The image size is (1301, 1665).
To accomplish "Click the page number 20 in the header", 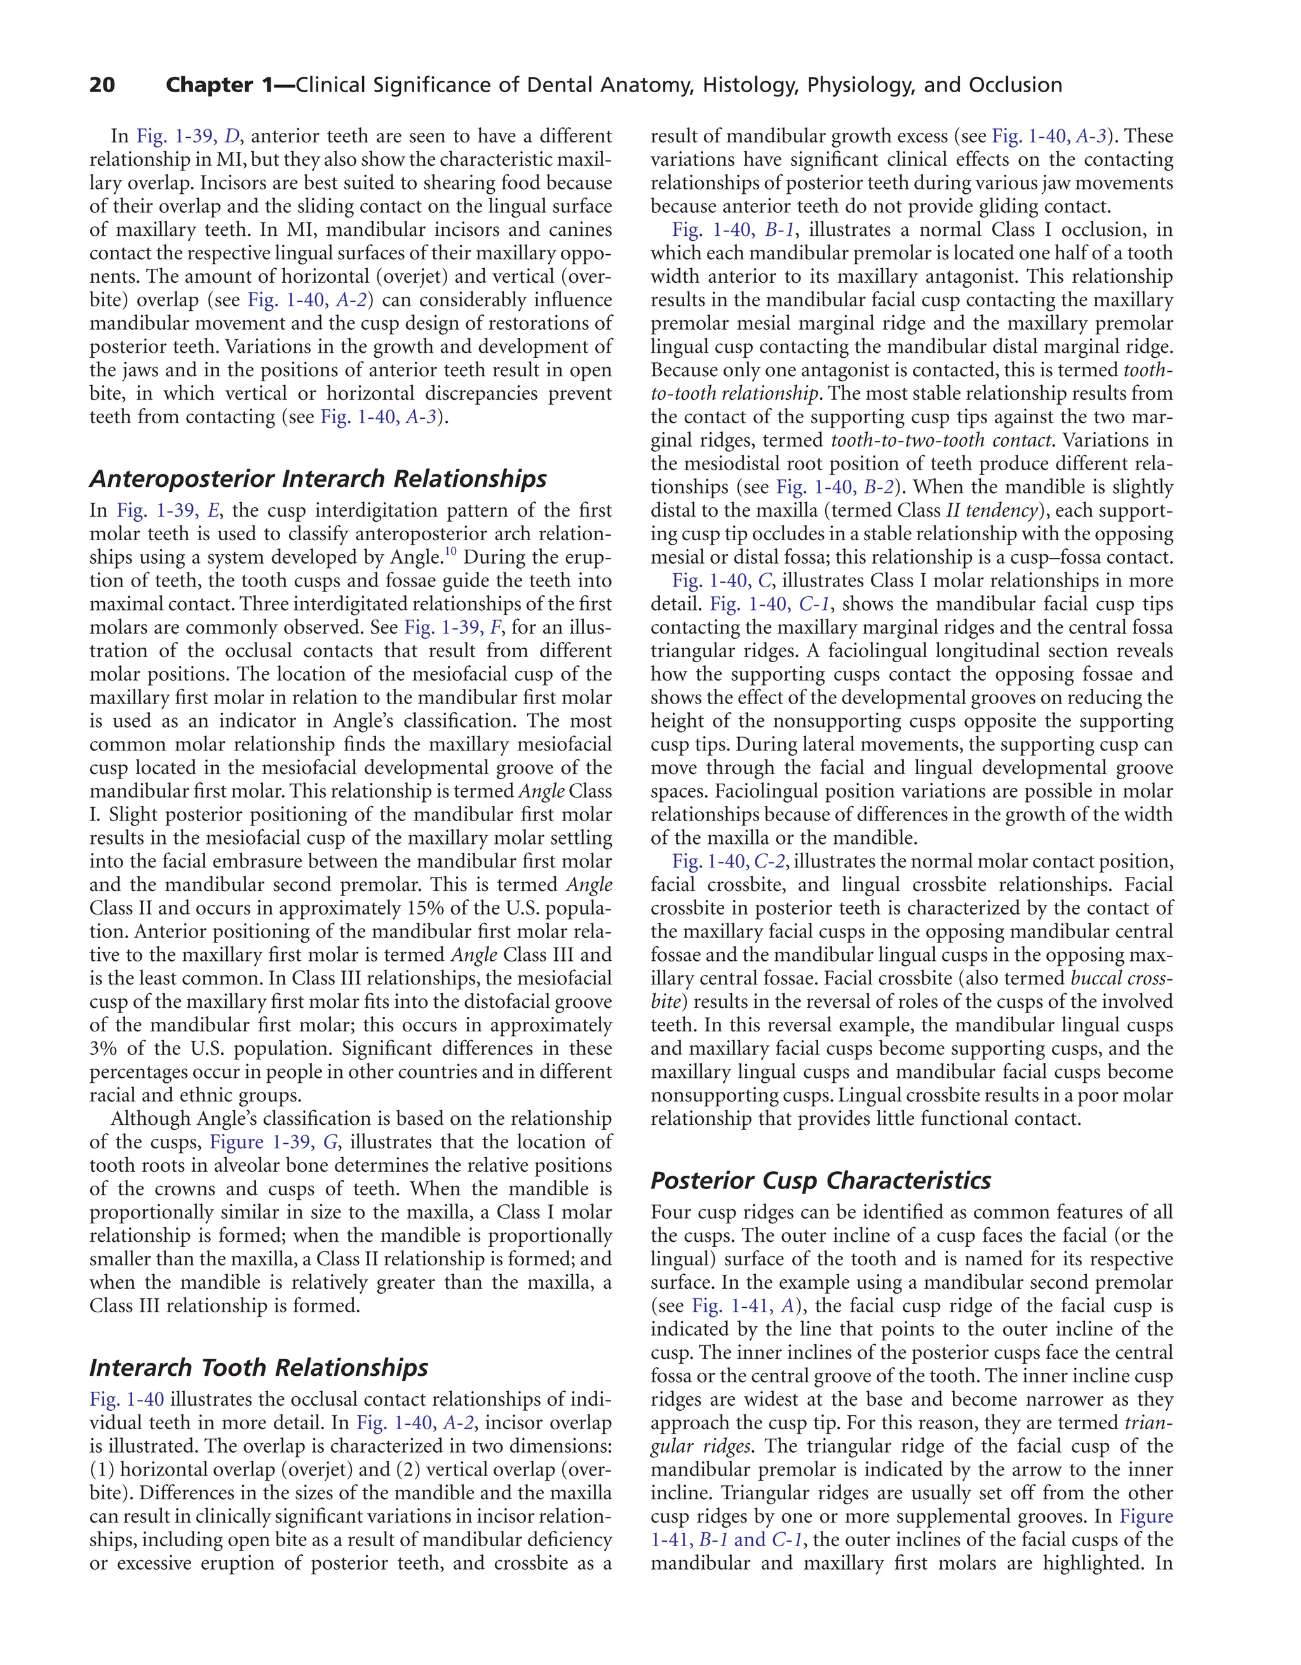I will [102, 85].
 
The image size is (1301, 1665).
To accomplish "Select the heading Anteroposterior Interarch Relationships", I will [318, 479].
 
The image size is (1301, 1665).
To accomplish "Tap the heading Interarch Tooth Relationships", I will [259, 1368].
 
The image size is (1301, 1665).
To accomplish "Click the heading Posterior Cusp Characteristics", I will [820, 1180].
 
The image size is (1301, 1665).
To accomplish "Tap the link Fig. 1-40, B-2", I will [835, 487].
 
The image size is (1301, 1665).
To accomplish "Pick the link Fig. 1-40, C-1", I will [770, 604].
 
